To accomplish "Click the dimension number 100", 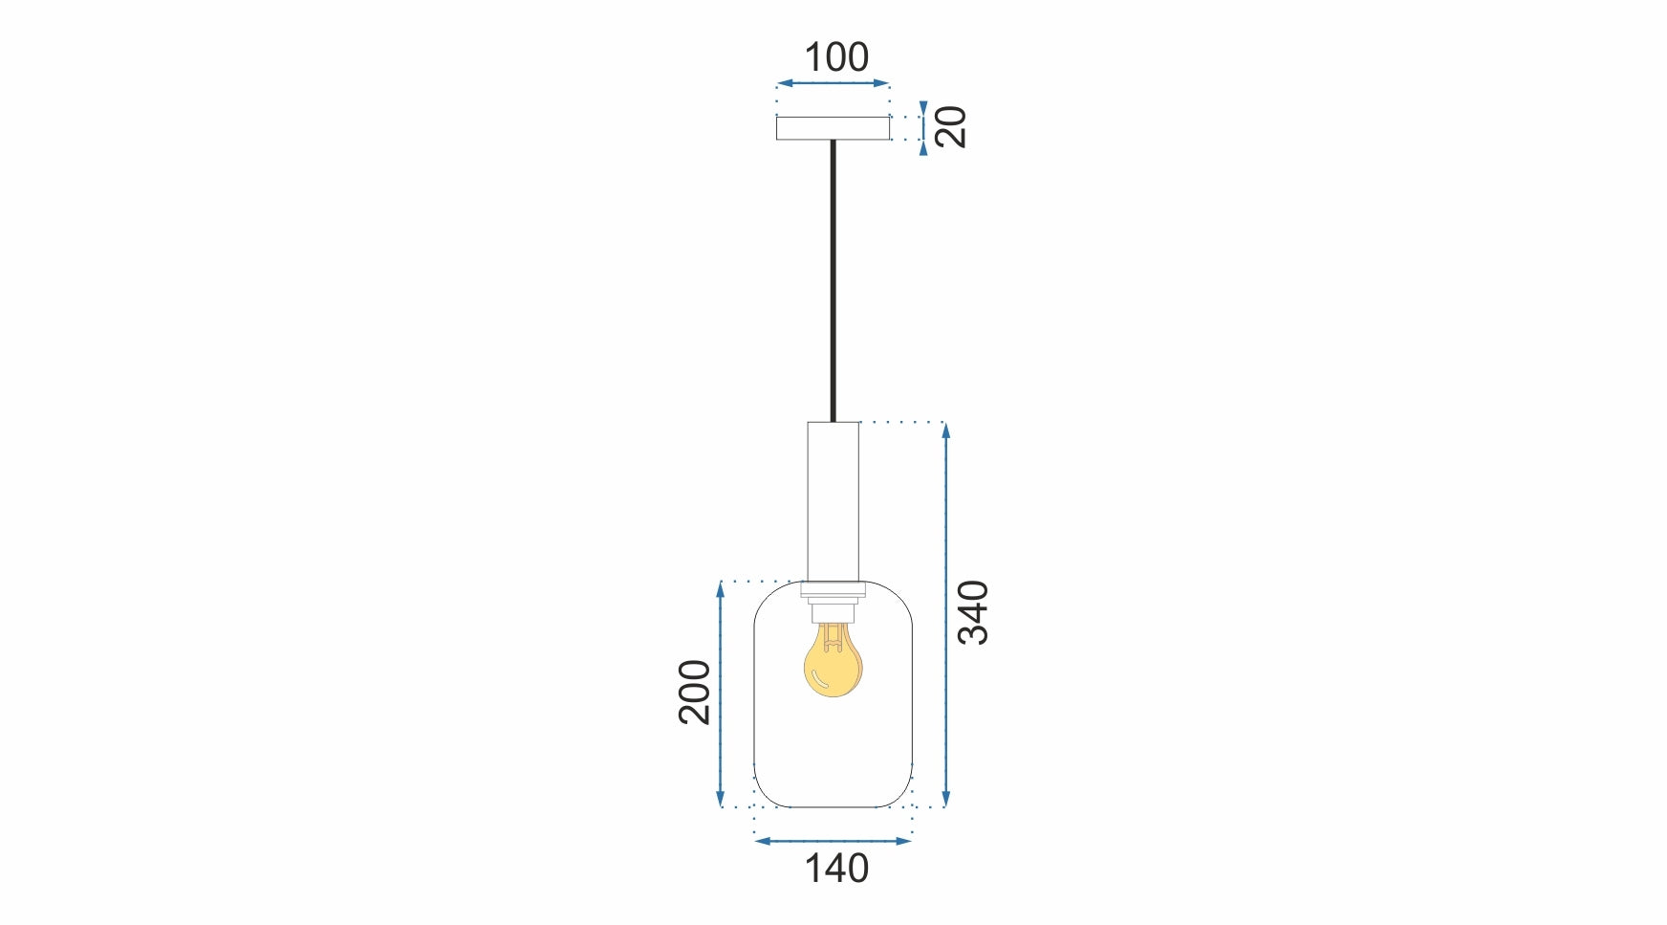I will point(836,57).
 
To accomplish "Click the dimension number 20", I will point(951,127).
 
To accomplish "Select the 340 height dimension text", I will point(973,612).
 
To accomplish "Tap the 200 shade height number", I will point(695,692).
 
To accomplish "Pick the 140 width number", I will point(836,869).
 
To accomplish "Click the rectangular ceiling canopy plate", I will point(833,128).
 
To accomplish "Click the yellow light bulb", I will point(833,666).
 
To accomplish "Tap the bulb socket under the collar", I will point(833,609).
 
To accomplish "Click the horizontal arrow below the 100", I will point(833,84).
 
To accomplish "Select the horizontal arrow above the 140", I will point(833,841).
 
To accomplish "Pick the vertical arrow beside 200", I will point(721,694).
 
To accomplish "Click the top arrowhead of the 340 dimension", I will point(945,429).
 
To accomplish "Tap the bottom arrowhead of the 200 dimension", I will point(721,800).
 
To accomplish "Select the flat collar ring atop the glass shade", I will point(833,588).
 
